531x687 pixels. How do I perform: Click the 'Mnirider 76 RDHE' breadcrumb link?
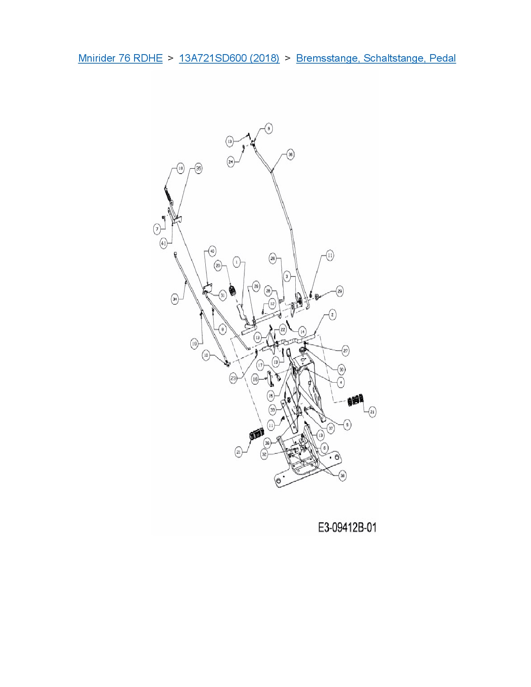120,58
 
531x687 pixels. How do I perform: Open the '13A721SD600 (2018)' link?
229,58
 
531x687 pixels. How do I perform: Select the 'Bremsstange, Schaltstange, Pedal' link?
376,58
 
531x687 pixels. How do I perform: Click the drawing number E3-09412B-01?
347,528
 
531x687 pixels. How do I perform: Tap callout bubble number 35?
199,168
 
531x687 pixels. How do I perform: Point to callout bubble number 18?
180,168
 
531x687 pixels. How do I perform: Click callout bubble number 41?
164,244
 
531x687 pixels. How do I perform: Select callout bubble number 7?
157,229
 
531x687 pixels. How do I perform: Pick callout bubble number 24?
231,162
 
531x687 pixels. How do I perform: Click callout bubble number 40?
212,251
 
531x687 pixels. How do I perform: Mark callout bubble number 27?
345,351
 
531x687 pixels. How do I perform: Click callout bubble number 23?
233,378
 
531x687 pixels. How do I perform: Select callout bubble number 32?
264,454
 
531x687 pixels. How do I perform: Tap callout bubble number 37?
331,428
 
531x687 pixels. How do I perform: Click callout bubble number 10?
206,356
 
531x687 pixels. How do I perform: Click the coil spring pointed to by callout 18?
168,194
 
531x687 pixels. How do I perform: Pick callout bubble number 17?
260,366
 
